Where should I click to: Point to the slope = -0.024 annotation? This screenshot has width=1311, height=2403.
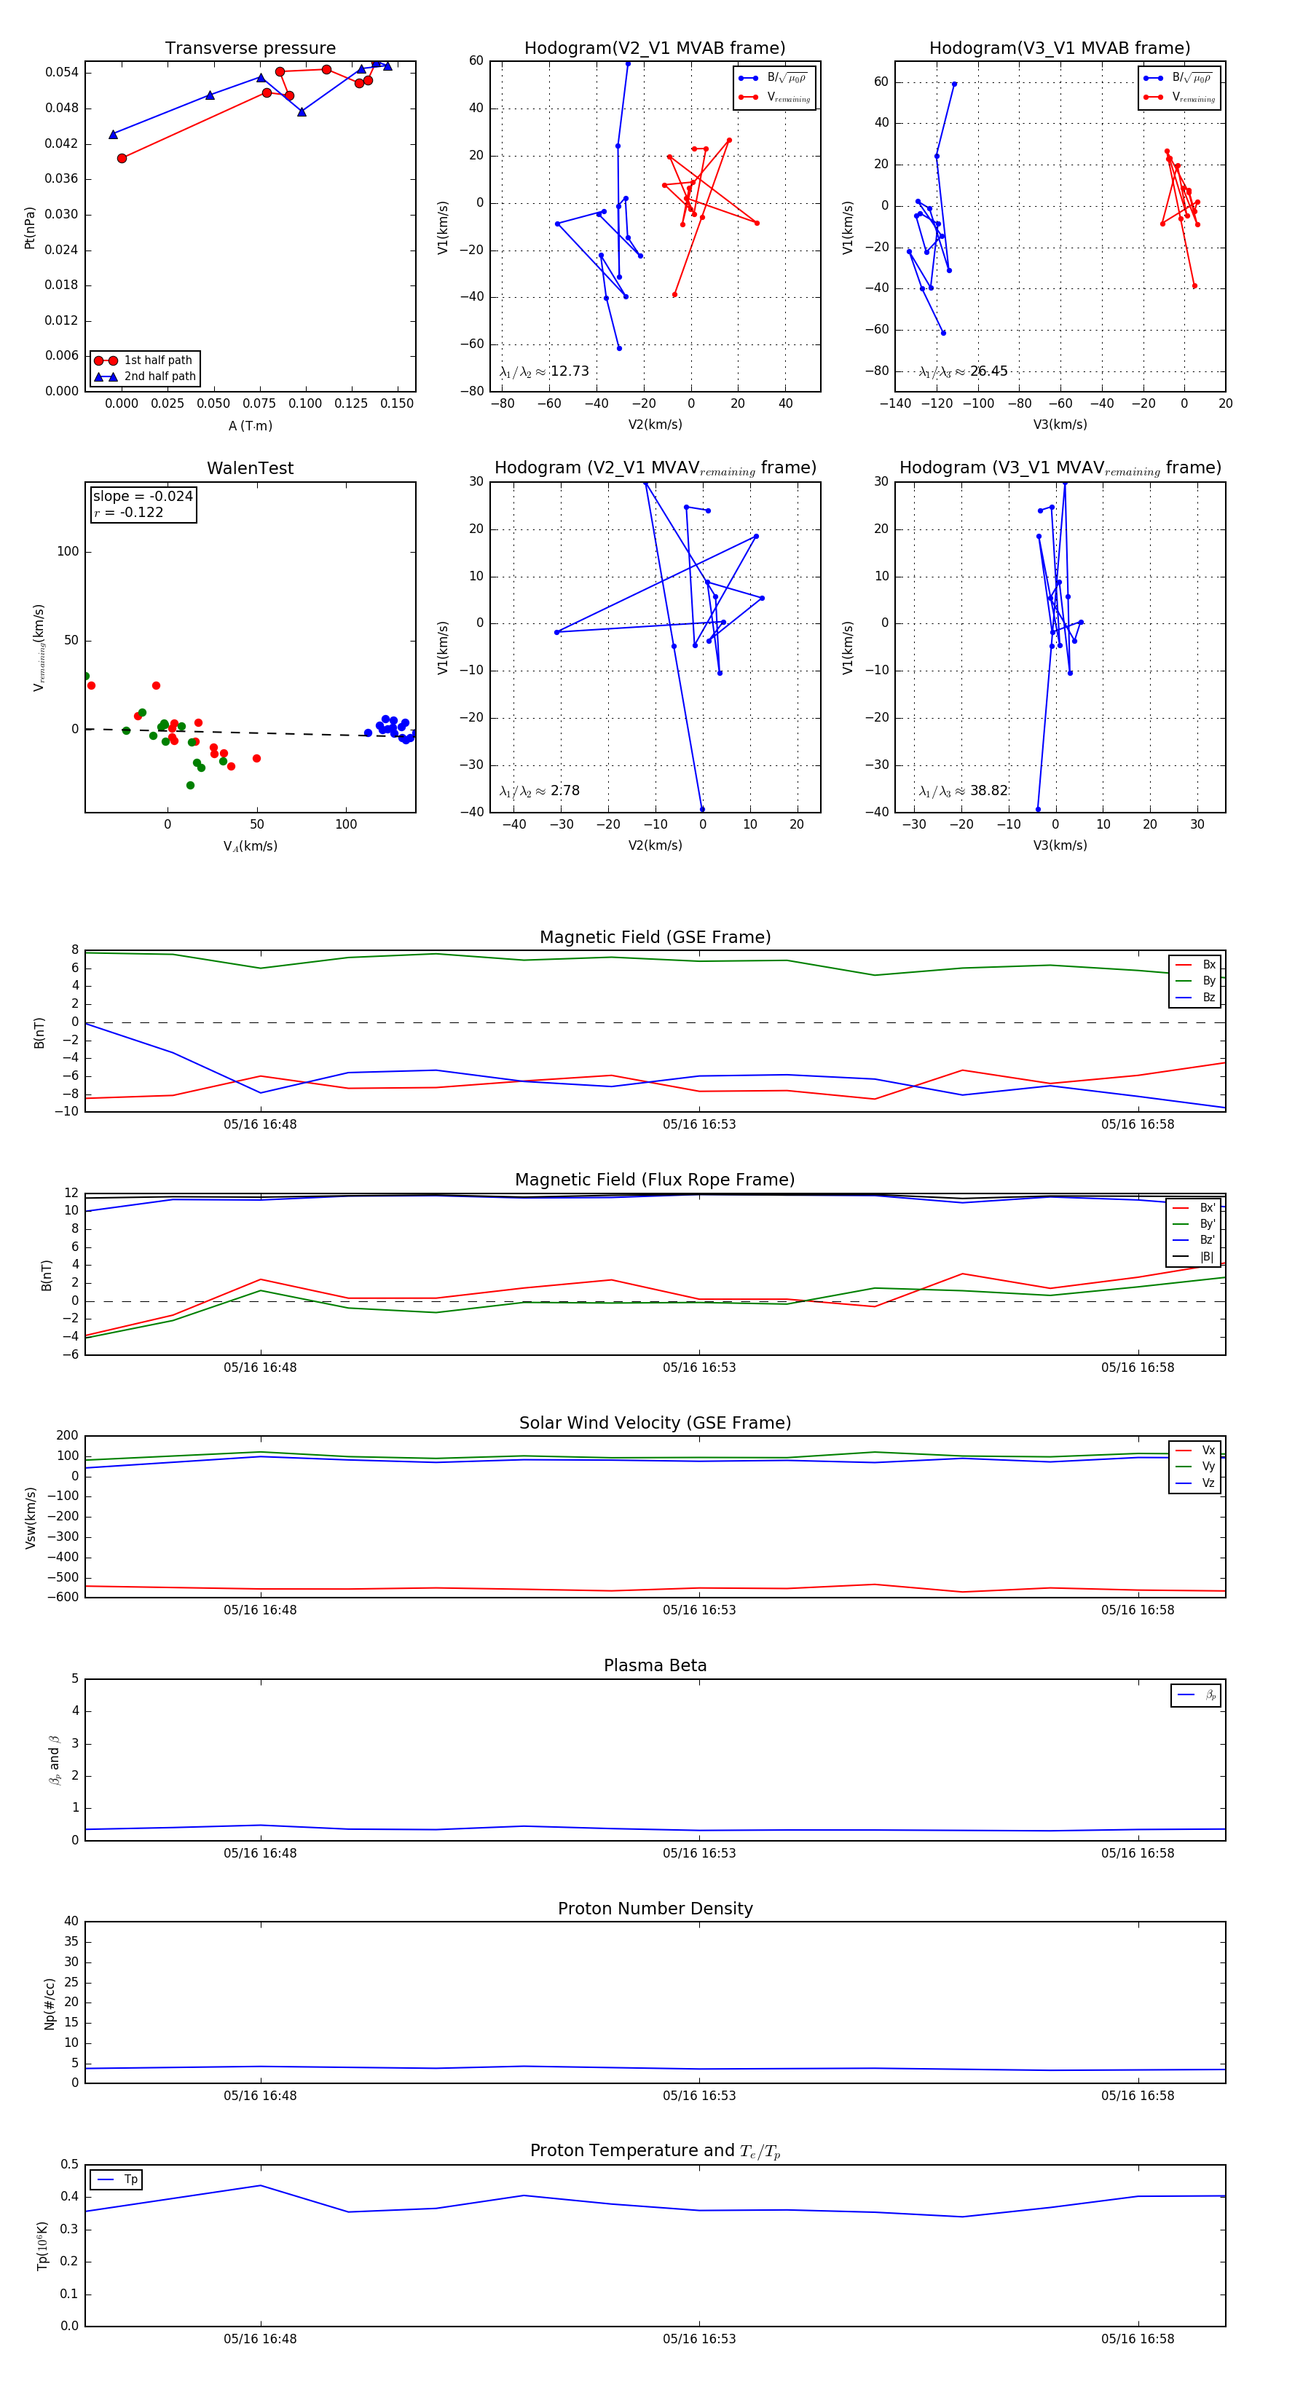pos(143,497)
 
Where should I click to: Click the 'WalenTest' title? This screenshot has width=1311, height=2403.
pos(250,468)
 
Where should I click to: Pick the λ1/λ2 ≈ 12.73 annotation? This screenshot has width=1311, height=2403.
pos(544,371)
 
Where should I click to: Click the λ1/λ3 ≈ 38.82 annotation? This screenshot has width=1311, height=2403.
pos(963,791)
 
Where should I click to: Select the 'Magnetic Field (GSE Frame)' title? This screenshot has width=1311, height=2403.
pos(655,937)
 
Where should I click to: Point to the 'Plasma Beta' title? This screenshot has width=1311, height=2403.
pos(655,1666)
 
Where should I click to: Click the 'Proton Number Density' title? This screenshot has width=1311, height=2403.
pos(655,1909)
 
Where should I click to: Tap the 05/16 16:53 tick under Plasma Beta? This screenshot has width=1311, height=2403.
pos(699,1852)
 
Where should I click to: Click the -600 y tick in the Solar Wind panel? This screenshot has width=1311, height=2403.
pos(67,1597)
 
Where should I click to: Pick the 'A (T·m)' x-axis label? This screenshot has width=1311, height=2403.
pos(250,426)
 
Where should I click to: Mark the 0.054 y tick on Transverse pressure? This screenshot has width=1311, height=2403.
pos(62,73)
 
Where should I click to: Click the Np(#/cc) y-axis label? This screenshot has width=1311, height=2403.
pos(50,2004)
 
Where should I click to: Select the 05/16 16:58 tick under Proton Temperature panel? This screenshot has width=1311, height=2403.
pos(1138,2339)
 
